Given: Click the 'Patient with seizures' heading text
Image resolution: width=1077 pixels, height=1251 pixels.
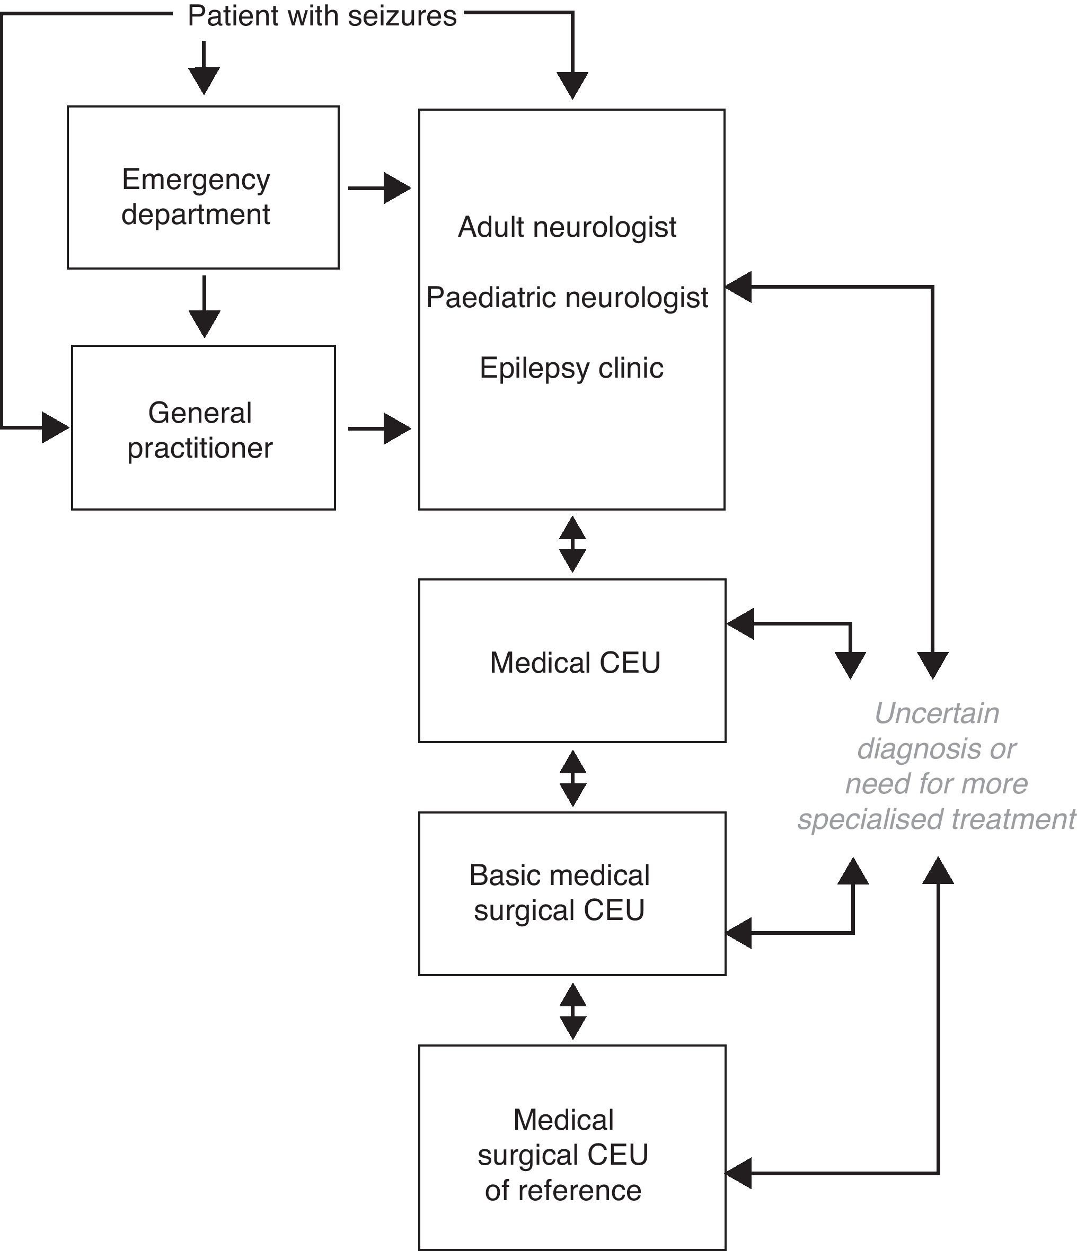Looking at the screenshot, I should coord(322,16).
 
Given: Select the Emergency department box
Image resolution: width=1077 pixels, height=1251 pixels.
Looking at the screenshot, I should coord(203,187).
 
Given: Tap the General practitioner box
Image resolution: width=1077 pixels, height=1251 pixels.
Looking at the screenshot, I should coord(203,428).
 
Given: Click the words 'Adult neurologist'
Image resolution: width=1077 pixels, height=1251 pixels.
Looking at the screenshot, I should coord(567,228).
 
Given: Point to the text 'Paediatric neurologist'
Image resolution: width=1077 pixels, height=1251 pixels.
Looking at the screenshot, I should coord(567,298).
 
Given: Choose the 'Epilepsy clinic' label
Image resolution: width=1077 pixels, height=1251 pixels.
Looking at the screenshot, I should coord(571,368).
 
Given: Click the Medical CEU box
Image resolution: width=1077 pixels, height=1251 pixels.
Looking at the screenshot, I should coord(572,662).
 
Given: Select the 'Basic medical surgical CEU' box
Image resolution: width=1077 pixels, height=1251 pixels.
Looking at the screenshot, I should coord(572,893).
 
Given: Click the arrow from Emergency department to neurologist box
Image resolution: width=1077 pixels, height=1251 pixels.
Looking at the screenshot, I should coord(379,189).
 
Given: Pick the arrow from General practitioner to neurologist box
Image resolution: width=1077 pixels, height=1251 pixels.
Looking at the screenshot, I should coord(379,428).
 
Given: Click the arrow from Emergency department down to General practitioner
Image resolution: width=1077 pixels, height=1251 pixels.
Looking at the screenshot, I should coord(204,307).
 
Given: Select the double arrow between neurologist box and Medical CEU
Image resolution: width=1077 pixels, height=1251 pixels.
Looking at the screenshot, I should coord(572,544).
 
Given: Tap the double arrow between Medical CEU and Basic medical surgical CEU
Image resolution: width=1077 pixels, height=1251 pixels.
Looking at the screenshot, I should coord(572,778).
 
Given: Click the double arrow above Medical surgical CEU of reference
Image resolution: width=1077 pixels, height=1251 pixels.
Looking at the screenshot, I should coord(572,1011).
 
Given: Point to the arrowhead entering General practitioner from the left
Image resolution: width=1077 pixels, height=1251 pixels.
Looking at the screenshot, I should coord(55,427).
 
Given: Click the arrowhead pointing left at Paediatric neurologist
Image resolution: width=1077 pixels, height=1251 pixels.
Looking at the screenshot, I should coord(738,287).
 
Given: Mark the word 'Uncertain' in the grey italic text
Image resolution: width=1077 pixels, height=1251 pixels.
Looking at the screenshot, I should coord(936,713).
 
